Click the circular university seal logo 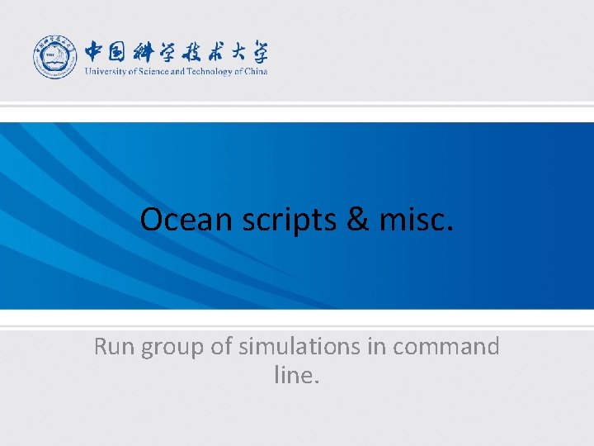tap(55, 57)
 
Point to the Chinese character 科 tap(148, 51)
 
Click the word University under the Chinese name tap(102, 71)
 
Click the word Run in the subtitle tap(115, 347)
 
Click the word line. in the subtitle tap(296, 376)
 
